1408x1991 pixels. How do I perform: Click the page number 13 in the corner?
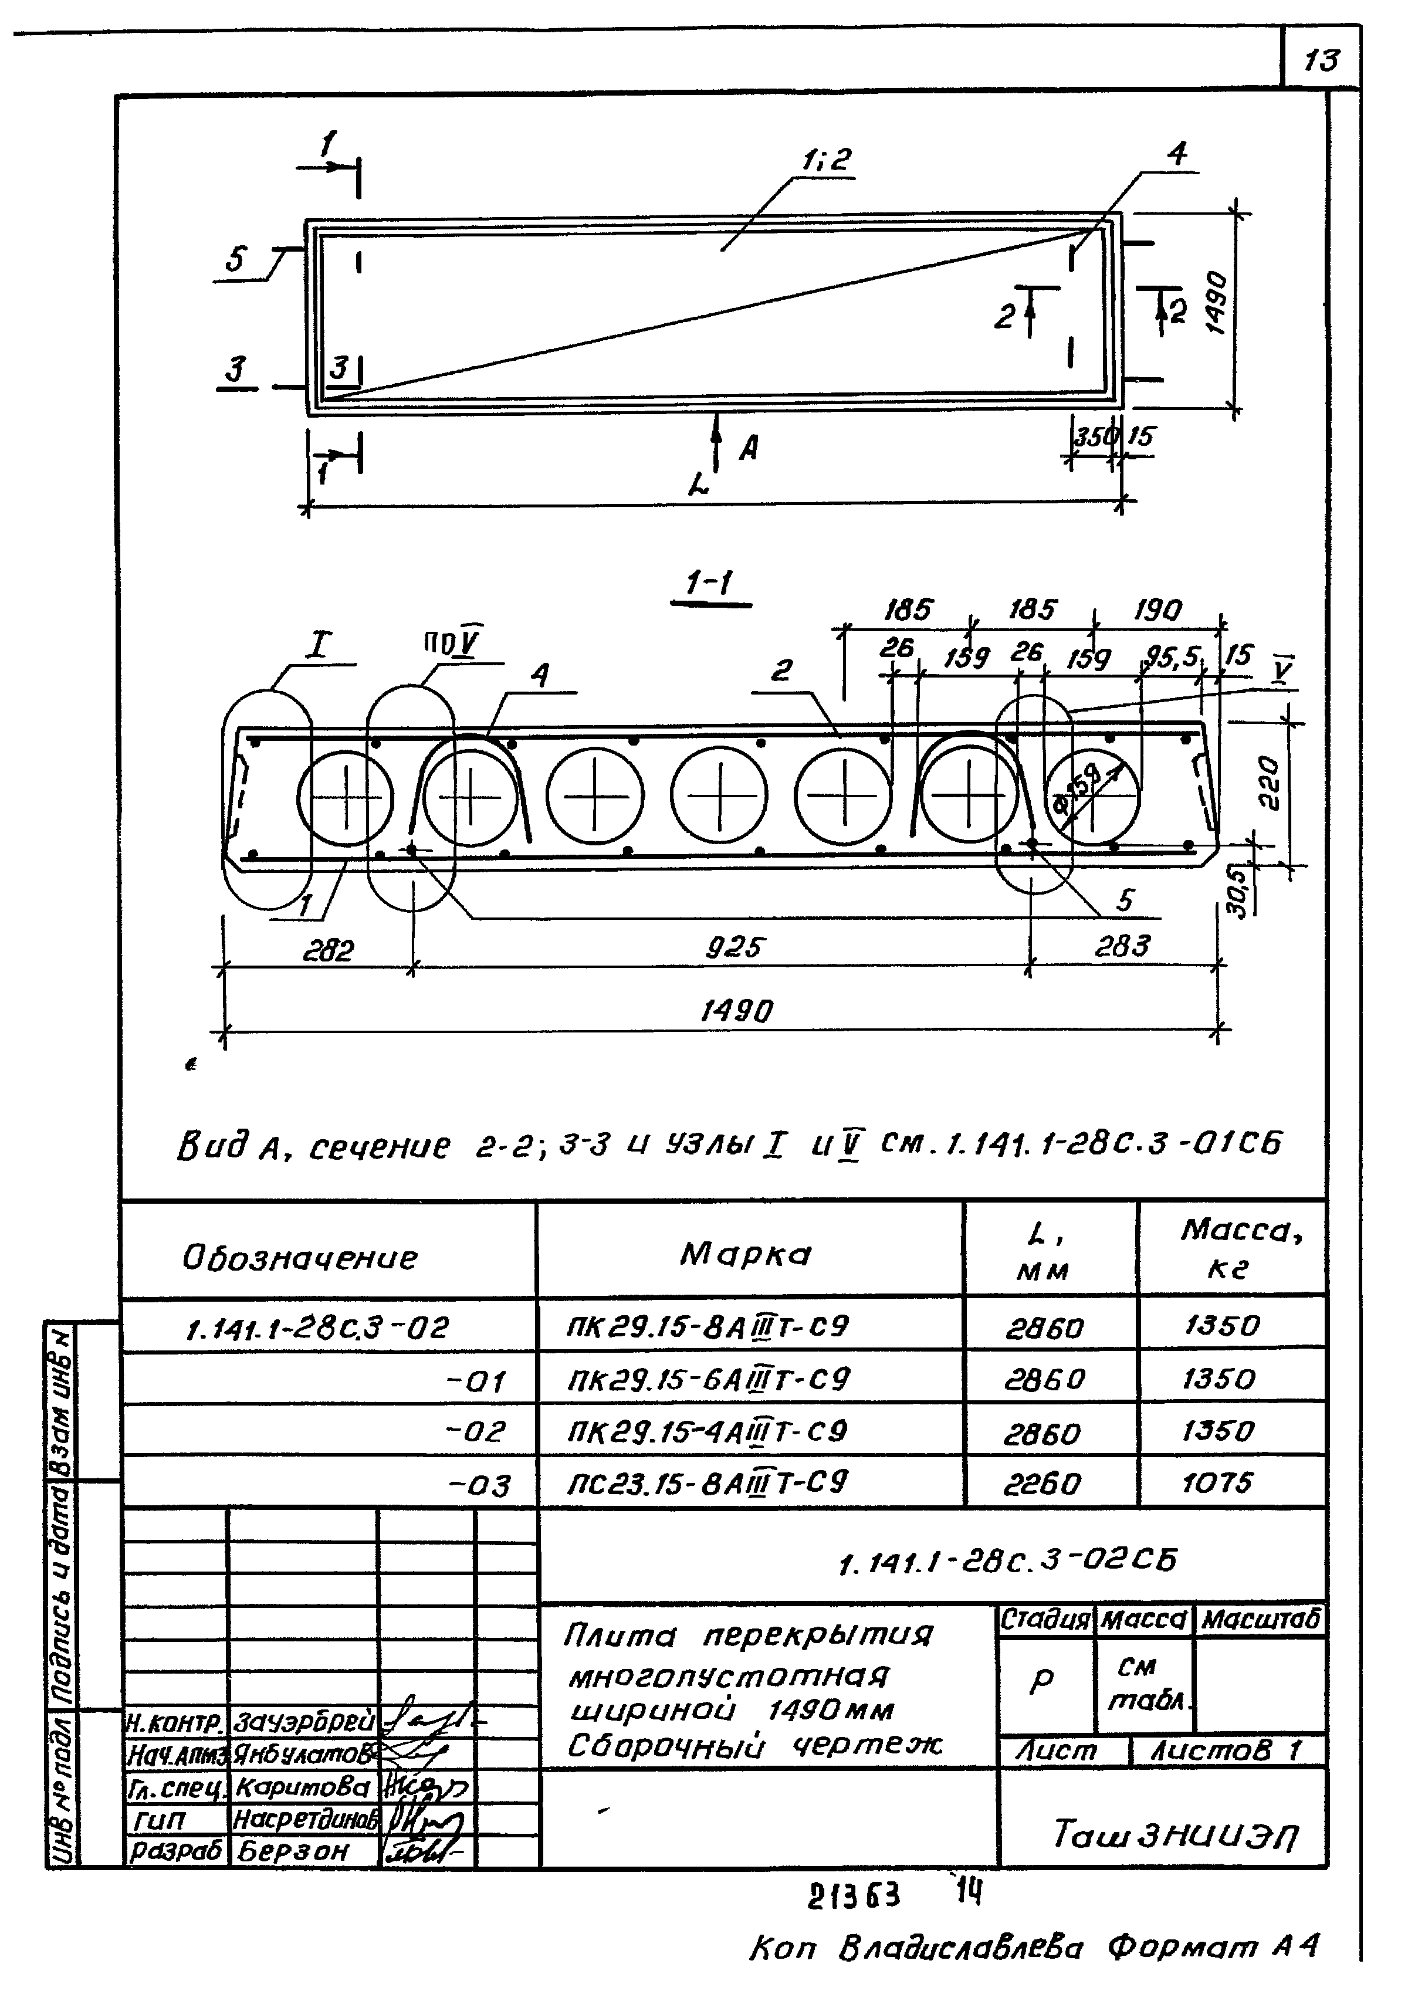click(x=1321, y=60)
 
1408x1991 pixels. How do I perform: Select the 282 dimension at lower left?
click(x=329, y=952)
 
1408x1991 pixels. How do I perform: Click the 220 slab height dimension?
click(x=1268, y=783)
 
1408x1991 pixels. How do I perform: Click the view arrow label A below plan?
click(x=748, y=448)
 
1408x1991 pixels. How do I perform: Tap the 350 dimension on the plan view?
click(x=1092, y=436)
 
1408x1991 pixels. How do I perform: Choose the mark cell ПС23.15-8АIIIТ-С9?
click(x=708, y=1482)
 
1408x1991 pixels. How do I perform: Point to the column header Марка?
click(x=746, y=1254)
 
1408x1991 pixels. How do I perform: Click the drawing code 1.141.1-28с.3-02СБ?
click(x=1007, y=1562)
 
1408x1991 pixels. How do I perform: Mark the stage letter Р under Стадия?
click(x=1041, y=1681)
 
